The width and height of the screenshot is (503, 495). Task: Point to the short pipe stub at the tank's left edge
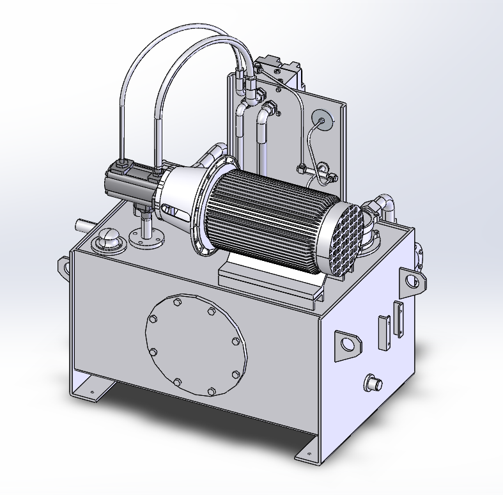point(83,225)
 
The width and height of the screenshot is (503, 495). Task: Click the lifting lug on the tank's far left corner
point(64,265)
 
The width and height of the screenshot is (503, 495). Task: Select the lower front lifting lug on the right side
point(346,345)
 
